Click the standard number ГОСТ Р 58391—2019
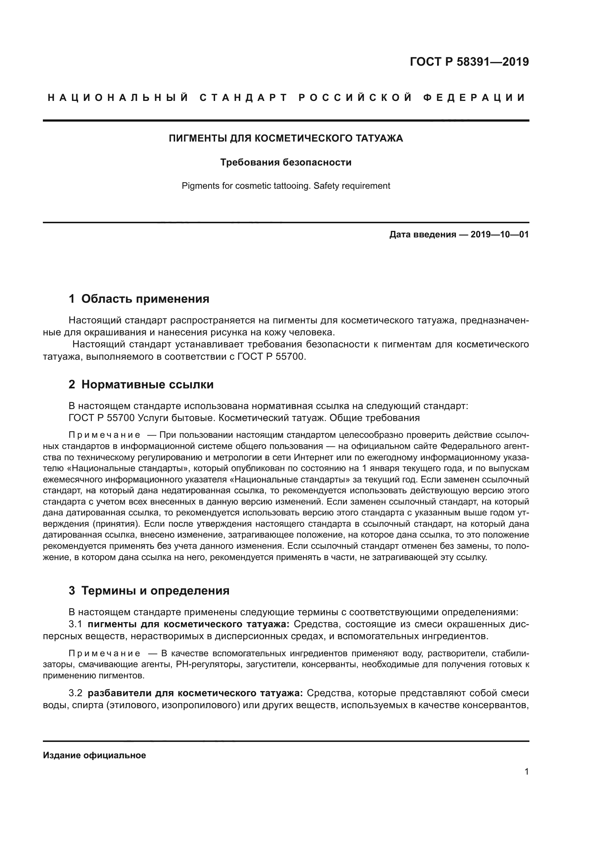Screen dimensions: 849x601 469,62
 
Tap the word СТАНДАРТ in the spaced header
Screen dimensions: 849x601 243,98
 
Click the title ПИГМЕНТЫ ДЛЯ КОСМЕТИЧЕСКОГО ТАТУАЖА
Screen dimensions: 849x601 286,138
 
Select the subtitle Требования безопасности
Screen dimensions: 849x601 286,162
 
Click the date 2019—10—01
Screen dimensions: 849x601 499,234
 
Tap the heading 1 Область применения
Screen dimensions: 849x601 139,299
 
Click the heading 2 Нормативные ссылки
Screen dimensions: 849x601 141,384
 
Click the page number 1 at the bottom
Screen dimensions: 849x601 526,771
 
